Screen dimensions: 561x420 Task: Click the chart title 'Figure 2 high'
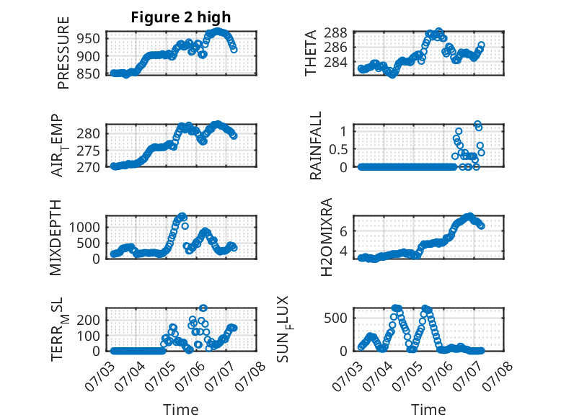click(181, 17)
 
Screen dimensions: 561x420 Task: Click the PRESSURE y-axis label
click(63, 53)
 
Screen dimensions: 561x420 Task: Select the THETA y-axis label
click(311, 53)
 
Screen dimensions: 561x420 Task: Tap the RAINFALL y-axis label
click(316, 145)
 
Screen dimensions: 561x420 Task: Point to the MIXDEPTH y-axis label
click(56, 237)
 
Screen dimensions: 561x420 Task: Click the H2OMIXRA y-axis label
click(327, 237)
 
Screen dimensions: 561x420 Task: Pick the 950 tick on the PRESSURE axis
click(89, 38)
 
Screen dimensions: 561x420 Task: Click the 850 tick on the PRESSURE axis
click(89, 73)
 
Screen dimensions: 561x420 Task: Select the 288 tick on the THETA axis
click(335, 32)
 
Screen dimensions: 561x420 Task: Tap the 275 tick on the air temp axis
click(89, 151)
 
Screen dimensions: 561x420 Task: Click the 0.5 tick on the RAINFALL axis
click(338, 149)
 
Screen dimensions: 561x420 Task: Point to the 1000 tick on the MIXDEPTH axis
click(84, 227)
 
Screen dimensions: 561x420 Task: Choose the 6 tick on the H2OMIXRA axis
click(343, 231)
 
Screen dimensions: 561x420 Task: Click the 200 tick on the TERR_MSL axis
click(89, 320)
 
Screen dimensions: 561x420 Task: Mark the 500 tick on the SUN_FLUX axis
click(335, 318)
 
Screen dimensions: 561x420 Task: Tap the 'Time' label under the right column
click(428, 410)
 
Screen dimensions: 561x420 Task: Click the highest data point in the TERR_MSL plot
click(203, 308)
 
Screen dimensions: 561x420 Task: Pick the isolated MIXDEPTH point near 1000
click(185, 226)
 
